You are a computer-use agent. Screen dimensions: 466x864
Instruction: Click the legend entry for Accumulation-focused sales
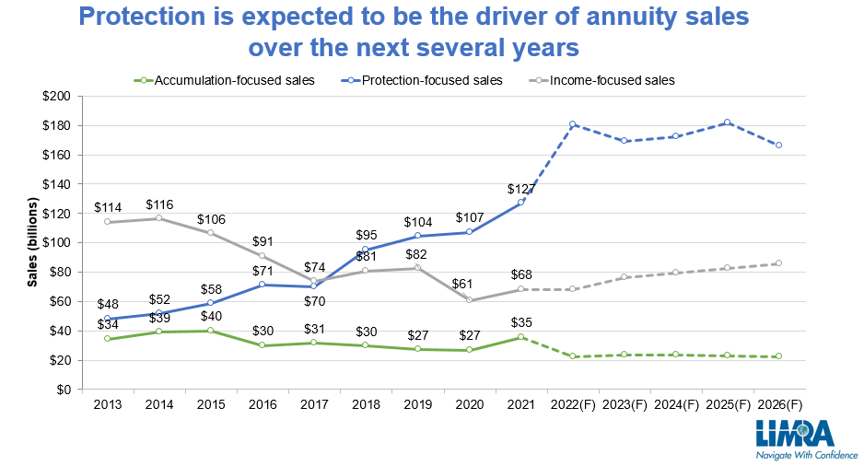(234, 80)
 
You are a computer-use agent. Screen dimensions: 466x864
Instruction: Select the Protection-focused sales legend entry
(431, 80)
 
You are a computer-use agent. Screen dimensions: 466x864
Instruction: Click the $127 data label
(521, 189)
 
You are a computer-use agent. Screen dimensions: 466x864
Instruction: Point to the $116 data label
(159, 204)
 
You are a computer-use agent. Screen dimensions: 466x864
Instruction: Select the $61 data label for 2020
(470, 283)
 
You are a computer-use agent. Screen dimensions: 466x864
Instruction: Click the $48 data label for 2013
(108, 304)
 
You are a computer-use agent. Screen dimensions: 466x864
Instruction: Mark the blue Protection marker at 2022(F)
(572, 123)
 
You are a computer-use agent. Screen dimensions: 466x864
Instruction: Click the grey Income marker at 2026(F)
(778, 263)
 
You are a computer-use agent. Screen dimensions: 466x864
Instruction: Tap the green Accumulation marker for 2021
(520, 337)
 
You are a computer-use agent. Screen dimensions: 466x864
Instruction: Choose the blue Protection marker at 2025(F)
(727, 122)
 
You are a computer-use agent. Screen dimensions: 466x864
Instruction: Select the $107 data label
(470, 217)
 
